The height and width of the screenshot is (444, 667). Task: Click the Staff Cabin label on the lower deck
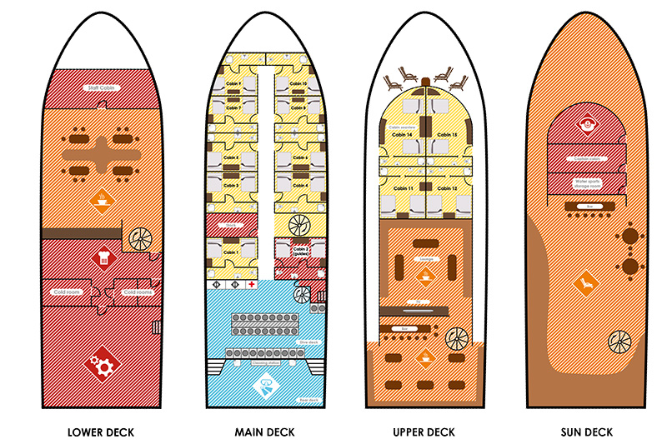[x=102, y=87]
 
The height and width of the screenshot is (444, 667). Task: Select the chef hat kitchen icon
[x=103, y=257]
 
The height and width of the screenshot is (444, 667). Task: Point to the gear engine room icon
[x=102, y=364]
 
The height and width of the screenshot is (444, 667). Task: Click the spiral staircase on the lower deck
[x=138, y=237]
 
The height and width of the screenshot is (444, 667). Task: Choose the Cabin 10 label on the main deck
[x=298, y=85]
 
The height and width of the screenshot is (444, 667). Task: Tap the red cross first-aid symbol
[x=251, y=285]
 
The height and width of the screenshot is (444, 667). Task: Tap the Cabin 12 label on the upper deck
[x=449, y=189]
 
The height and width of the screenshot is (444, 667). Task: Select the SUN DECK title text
[x=587, y=432]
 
